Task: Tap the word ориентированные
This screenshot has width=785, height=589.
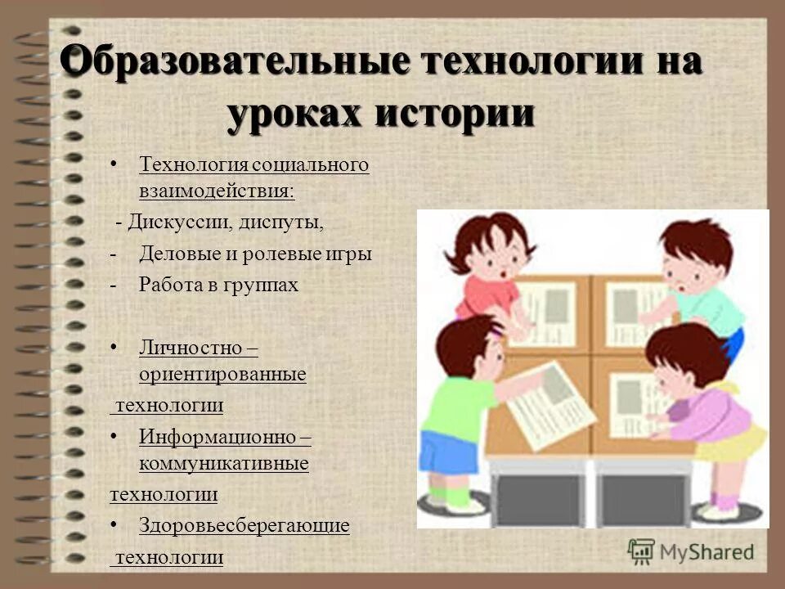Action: click(222, 375)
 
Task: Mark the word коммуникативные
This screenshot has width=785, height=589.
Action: click(223, 464)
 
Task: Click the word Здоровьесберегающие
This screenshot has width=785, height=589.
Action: click(244, 525)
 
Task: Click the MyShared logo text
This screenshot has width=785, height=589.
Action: click(706, 551)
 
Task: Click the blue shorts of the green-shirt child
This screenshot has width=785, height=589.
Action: click(448, 450)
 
